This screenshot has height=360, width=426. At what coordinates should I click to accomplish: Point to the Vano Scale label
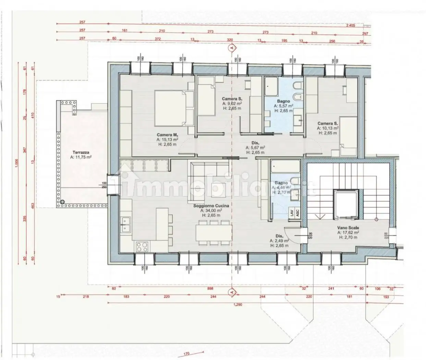348,228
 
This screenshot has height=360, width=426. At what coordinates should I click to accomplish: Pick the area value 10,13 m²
328,128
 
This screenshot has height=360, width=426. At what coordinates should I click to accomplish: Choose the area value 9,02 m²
232,103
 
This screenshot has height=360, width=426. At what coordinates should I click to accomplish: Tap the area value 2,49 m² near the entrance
279,241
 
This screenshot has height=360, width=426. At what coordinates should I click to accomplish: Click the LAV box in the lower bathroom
291,213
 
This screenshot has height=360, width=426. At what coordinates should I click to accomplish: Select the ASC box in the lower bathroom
297,213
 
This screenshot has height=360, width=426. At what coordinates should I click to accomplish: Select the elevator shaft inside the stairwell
345,204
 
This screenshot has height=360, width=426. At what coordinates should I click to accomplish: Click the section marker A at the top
232,48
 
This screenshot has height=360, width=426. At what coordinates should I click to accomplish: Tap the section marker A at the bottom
232,292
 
